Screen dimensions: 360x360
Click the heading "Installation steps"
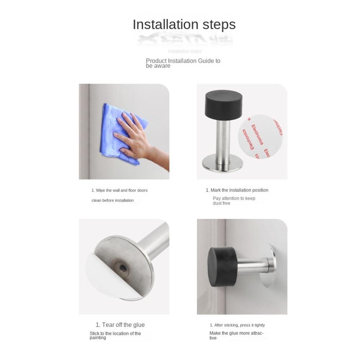(x=184, y=24)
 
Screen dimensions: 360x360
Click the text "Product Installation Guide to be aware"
(x=183, y=63)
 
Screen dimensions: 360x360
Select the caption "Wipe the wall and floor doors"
(x=120, y=190)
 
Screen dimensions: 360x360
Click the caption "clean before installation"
(x=112, y=201)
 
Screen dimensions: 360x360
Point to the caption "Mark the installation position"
(x=237, y=190)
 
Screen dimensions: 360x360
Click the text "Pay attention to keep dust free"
(x=234, y=201)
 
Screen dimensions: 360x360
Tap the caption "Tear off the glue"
(x=120, y=325)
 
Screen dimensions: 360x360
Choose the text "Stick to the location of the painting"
(x=115, y=336)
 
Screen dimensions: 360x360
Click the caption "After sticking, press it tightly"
(x=237, y=325)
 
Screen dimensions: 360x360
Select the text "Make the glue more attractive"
(x=236, y=336)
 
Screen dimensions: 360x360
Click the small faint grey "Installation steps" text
(x=185, y=51)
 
